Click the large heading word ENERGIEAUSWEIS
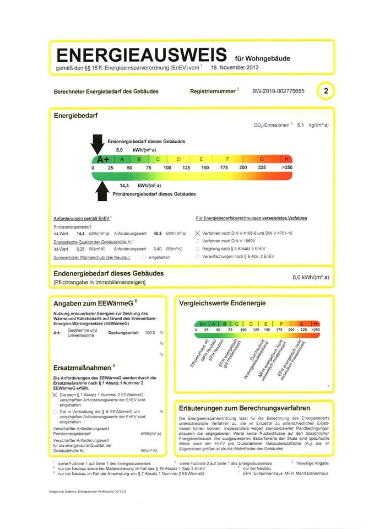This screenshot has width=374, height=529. [x=141, y=56]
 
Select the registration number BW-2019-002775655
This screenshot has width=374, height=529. [x=278, y=91]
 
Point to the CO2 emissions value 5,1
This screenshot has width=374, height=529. [x=301, y=126]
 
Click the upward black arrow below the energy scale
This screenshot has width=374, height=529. [x=102, y=191]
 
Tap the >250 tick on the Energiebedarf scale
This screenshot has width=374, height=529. [x=287, y=167]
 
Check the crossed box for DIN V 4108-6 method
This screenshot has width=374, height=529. [x=198, y=233]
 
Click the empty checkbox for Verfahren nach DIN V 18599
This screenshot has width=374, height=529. [x=198, y=241]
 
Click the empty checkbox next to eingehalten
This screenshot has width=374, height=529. [x=144, y=257]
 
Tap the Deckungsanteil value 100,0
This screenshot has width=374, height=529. [x=149, y=333]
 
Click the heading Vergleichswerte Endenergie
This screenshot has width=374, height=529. [x=223, y=304]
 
